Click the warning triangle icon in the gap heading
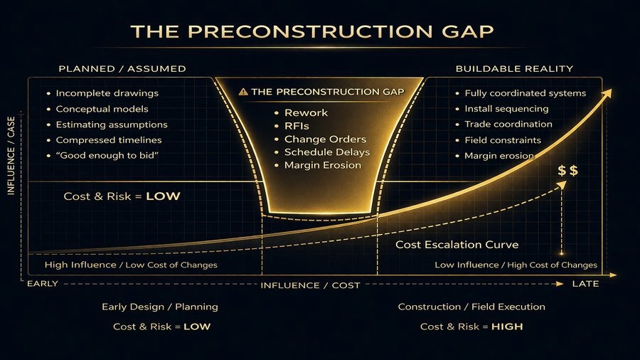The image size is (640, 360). pos(244,92)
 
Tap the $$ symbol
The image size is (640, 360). pos(568,171)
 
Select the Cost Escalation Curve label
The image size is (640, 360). pos(457,245)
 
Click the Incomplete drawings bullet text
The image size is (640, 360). pos(107,93)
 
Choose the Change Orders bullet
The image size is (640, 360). pos(325,139)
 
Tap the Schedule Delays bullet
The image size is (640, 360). pos(327,152)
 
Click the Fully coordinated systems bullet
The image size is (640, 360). pos(525,93)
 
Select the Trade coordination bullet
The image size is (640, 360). pos(508,125)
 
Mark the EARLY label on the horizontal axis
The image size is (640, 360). pos(42,284)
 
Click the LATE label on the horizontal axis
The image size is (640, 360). pos(586,284)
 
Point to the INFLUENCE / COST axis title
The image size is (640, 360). pos(310,285)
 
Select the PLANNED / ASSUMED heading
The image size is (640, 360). pos(122,69)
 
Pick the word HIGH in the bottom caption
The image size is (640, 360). pos(507,327)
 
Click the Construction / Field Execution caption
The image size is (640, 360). pos(471,307)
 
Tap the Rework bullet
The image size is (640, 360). pos(306,113)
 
